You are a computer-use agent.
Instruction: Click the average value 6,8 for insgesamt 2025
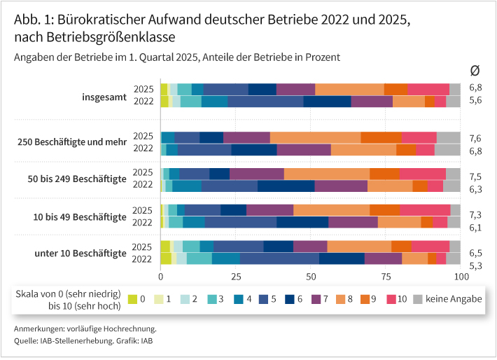[475, 88]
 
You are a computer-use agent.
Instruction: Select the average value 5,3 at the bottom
[475, 265]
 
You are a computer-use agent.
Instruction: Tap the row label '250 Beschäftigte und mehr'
[71, 142]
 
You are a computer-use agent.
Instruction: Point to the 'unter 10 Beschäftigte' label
[80, 252]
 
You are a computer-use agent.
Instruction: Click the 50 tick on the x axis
[310, 277]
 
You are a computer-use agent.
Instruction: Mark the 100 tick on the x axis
[460, 277]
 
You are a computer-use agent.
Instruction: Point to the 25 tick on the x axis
[235, 277]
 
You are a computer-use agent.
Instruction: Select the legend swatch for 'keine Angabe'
[419, 299]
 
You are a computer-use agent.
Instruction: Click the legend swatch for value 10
[391, 299]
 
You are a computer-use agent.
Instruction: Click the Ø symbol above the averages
[475, 69]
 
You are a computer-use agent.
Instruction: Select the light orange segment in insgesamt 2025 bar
[349, 88]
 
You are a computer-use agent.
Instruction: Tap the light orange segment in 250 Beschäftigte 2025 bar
[315, 137]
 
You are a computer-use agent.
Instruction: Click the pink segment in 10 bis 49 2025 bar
[425, 210]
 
